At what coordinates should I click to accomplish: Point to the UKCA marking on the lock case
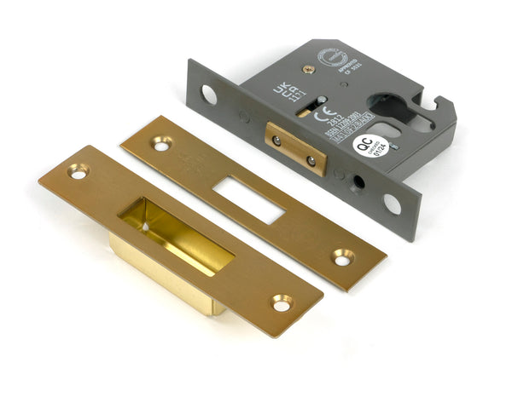(282, 91)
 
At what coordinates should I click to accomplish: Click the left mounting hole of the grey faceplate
(209, 96)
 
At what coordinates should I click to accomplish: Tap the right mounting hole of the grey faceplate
(392, 204)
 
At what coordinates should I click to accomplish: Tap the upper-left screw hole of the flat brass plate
(161, 143)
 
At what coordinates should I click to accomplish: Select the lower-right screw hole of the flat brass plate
(343, 255)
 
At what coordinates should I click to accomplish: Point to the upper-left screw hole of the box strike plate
(78, 172)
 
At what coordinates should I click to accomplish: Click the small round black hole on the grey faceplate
(359, 181)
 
